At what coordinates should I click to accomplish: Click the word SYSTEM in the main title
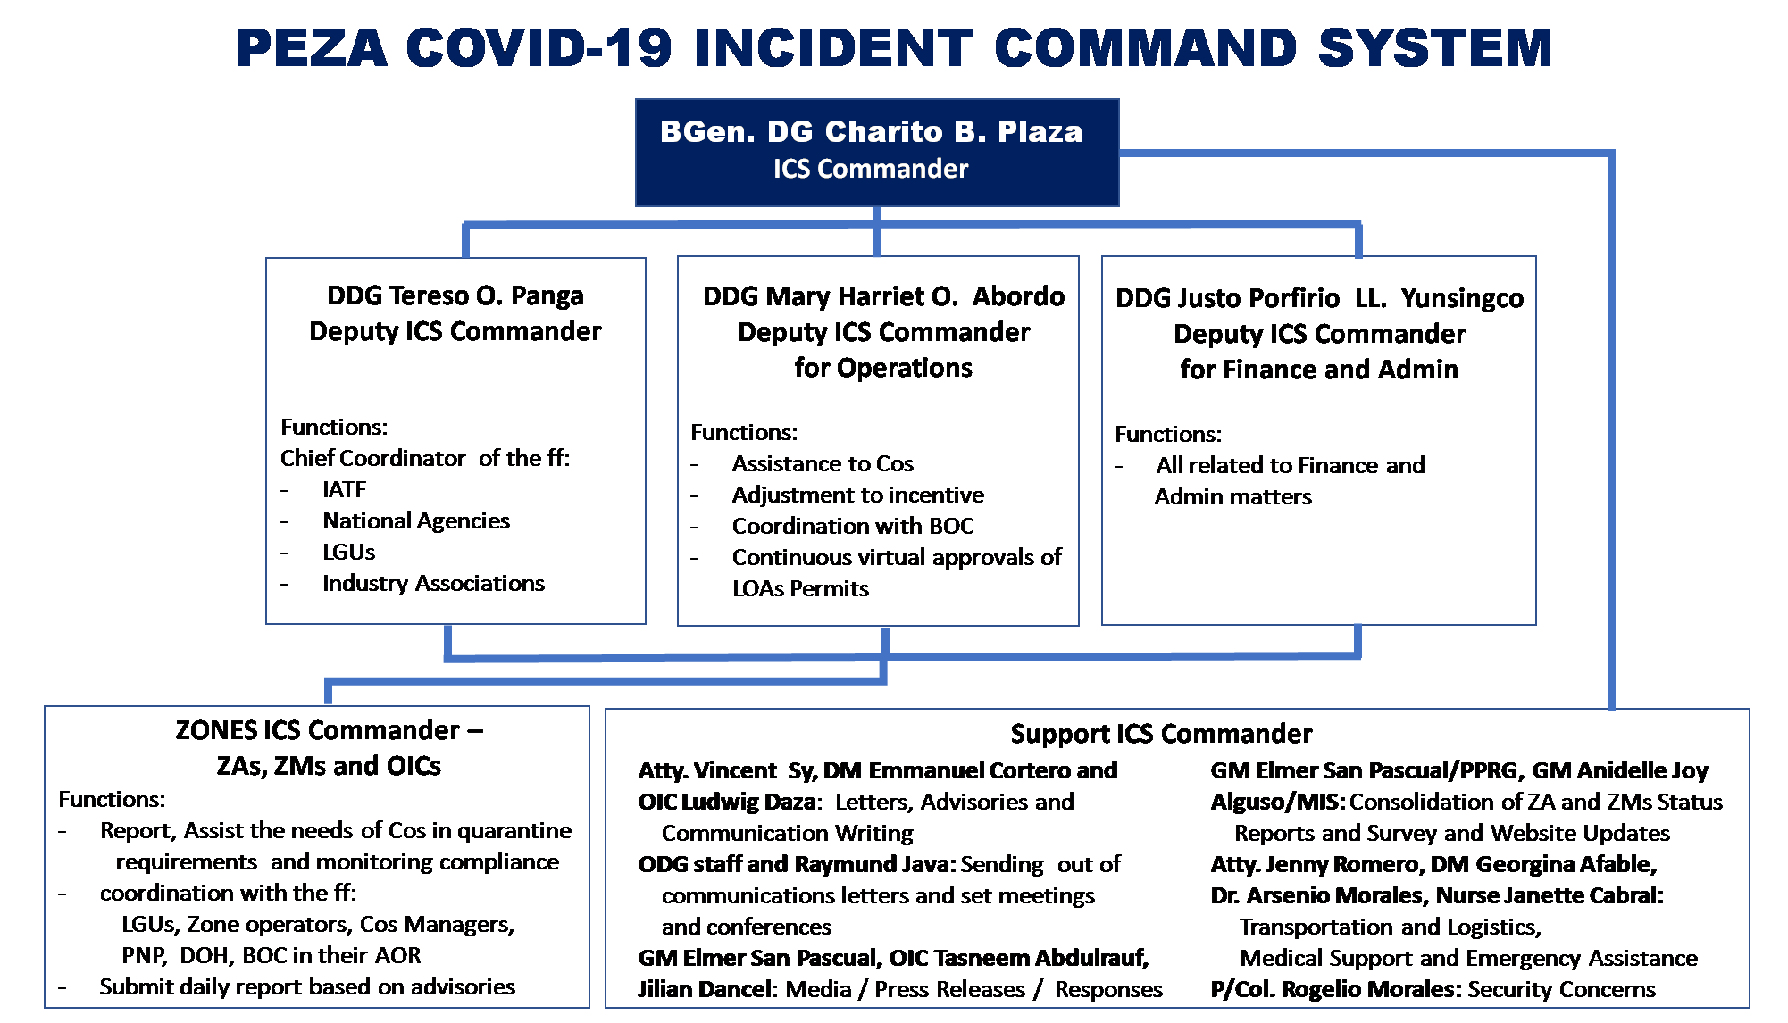coord(1434,48)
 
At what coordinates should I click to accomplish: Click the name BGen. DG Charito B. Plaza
coord(871,132)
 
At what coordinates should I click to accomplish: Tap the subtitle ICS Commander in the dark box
coord(871,169)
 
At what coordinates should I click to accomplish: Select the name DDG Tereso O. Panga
coord(455,295)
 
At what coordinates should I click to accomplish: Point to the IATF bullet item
coord(345,489)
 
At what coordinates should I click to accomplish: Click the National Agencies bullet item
coord(416,520)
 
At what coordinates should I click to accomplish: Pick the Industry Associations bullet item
coord(434,583)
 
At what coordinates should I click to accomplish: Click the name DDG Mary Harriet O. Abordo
coord(883,296)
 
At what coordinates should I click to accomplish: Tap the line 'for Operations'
coord(883,368)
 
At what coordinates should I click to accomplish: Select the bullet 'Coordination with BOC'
coord(853,526)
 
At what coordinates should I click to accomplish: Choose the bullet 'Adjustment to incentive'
coord(858,495)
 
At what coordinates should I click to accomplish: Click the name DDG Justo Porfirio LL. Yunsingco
coord(1319,298)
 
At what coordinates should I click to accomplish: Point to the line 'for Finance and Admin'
coord(1319,370)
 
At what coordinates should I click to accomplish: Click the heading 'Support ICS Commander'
coord(1161,734)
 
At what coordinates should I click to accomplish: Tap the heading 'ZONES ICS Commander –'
coord(329,730)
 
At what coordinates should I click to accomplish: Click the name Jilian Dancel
coord(705,989)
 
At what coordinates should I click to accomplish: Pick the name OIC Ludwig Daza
coord(727,802)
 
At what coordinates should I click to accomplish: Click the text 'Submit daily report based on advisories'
coord(307,986)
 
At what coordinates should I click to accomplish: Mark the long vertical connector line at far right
coord(1611,430)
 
